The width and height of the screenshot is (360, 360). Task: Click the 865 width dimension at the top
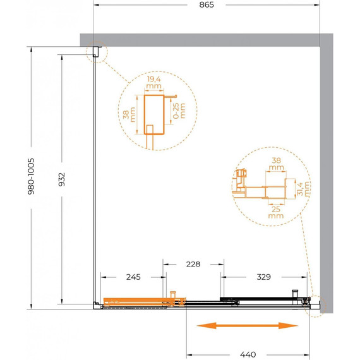[207, 5]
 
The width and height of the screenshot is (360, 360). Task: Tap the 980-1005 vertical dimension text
[31, 176]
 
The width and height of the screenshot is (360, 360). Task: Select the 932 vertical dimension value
[61, 179]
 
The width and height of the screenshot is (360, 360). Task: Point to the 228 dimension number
[193, 264]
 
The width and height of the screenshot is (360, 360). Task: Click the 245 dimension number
[133, 277]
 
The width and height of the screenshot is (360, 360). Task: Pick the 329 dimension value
[263, 277]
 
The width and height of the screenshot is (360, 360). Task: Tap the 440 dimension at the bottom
[248, 354]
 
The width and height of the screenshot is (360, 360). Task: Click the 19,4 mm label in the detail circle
[154, 83]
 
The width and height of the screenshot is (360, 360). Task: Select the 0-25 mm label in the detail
[179, 111]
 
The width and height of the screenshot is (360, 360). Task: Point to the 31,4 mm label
[303, 189]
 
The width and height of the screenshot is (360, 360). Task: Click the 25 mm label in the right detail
[276, 212]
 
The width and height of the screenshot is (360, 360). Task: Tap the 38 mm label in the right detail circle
[277, 164]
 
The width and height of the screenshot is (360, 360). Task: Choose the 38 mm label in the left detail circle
[129, 114]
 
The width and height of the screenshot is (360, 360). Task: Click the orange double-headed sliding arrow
[248, 325]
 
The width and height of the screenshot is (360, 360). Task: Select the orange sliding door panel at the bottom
[145, 302]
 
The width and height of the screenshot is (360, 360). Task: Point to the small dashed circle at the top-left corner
[97, 52]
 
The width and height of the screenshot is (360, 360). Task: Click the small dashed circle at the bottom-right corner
[315, 306]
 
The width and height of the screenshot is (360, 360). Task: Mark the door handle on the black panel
[295, 294]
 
